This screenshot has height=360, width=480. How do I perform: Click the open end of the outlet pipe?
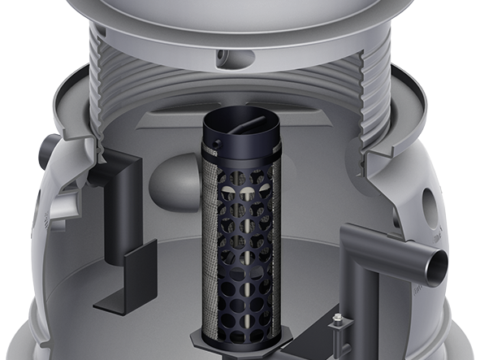436,265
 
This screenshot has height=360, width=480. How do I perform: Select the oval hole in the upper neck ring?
241,59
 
